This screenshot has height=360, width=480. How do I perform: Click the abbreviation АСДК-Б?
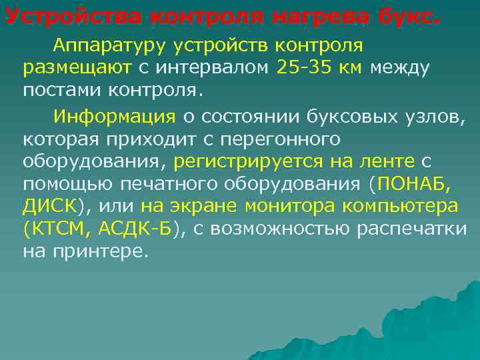click(x=135, y=229)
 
